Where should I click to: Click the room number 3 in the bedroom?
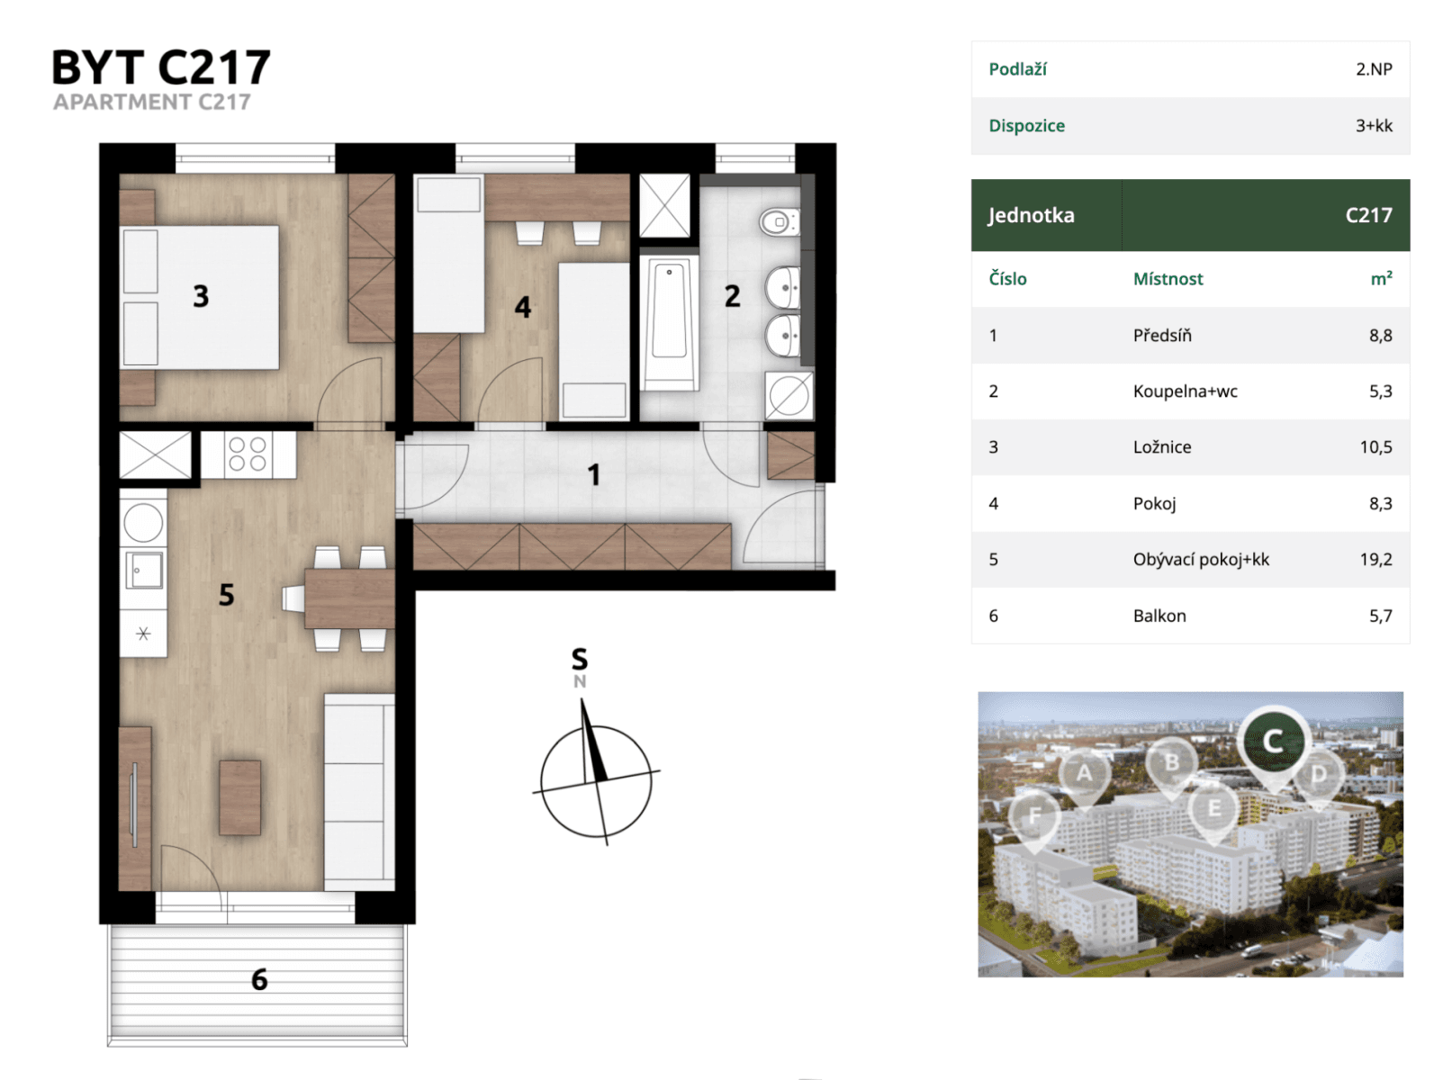[x=201, y=296]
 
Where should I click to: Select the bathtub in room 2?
[x=669, y=322]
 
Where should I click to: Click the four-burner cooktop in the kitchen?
[x=247, y=454]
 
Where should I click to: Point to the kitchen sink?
[x=144, y=570]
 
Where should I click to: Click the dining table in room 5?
[x=349, y=598]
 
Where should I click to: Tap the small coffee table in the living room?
[x=240, y=797]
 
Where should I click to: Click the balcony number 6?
[x=259, y=979]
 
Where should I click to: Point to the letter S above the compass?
[x=580, y=660]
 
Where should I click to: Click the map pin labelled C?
[x=1273, y=742]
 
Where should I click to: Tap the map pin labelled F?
[x=1034, y=816]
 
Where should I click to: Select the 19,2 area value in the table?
[x=1375, y=560]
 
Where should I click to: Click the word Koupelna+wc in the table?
[x=1185, y=391]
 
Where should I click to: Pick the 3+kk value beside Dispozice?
[x=1374, y=126]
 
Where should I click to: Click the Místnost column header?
[x=1168, y=279]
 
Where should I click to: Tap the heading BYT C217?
[x=161, y=67]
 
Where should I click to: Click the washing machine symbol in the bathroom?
[x=789, y=396]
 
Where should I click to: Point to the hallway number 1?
[x=593, y=474]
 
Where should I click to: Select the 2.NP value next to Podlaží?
[x=1374, y=69]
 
